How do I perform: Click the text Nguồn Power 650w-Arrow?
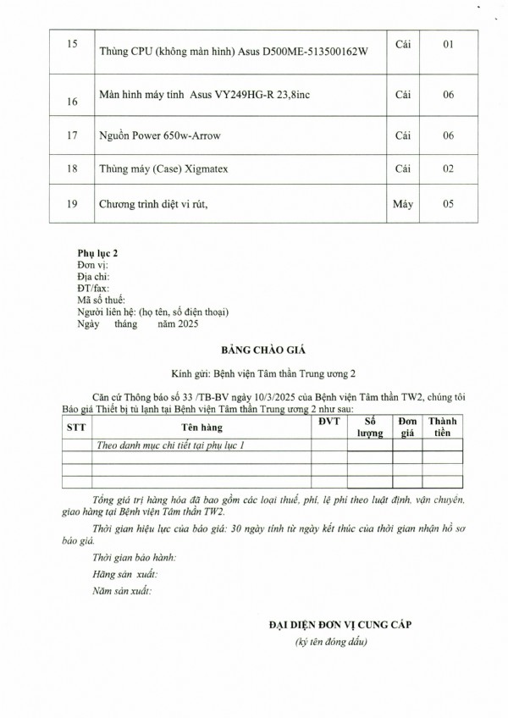[157, 135]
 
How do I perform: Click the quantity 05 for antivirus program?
[449, 204]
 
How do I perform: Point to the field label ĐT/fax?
[93, 288]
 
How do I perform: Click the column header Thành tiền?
[443, 427]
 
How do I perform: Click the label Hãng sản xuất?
[124, 574]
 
